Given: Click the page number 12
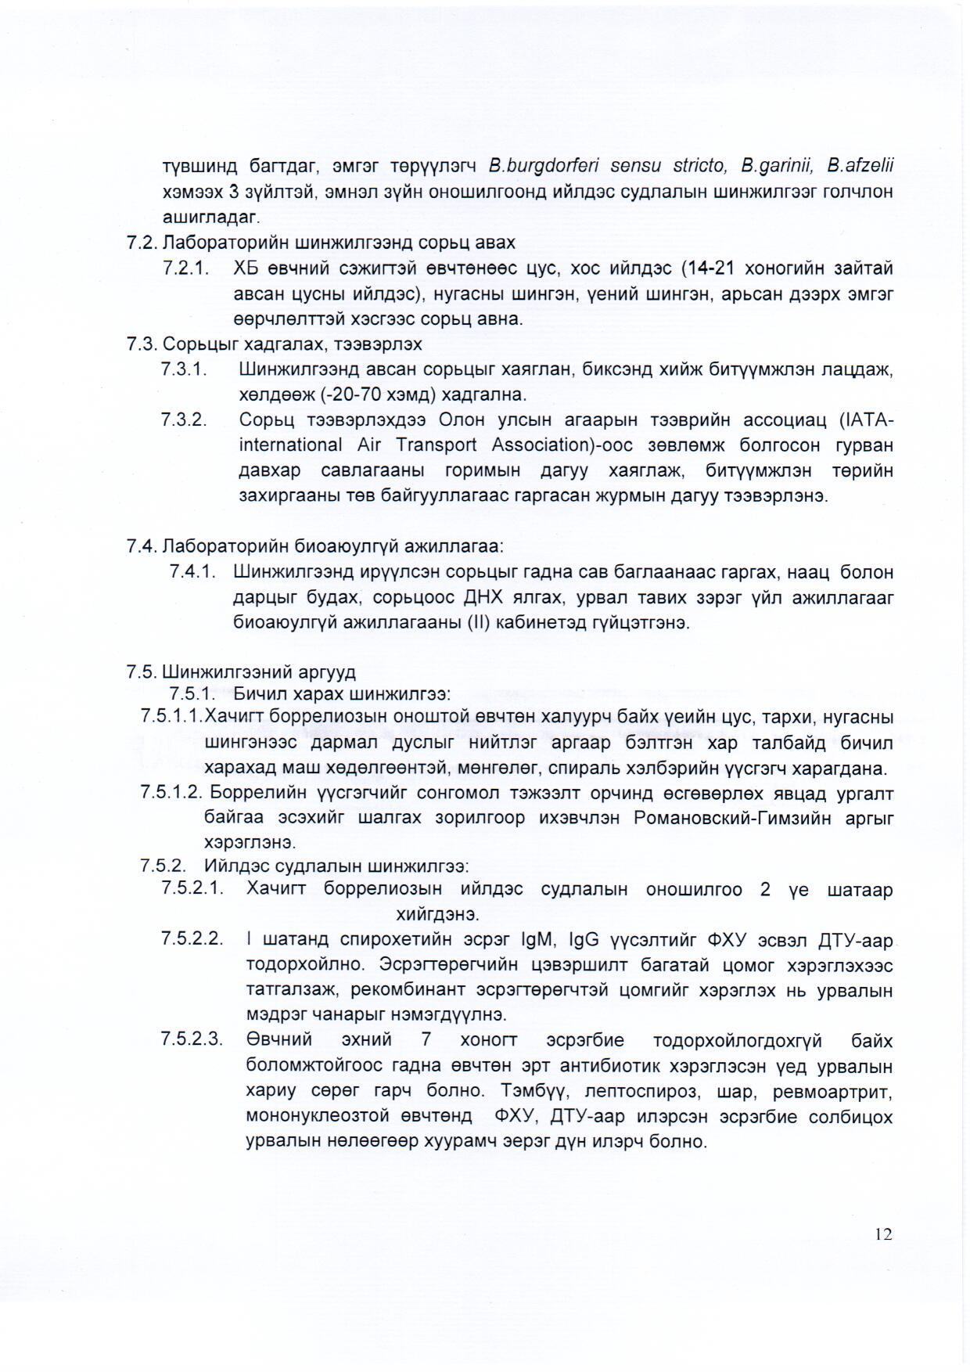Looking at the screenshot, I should tap(883, 1234).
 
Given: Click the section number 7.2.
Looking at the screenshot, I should tap(142, 243).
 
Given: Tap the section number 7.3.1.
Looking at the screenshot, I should tap(184, 369).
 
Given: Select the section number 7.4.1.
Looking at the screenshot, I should tap(192, 571).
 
